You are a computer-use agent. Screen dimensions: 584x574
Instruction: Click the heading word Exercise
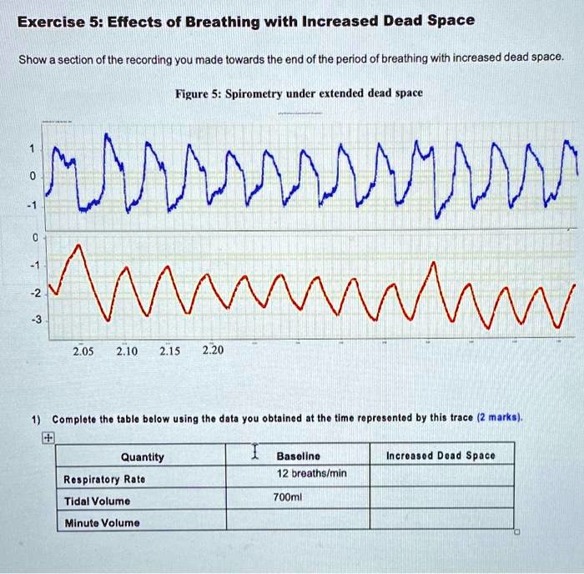(x=52, y=22)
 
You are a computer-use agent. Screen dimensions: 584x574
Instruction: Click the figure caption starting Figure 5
(x=299, y=93)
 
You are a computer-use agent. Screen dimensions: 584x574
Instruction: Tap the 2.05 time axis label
(x=83, y=351)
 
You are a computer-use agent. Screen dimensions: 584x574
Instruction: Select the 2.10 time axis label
(x=127, y=351)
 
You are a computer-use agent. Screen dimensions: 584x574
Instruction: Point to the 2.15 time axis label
(x=170, y=351)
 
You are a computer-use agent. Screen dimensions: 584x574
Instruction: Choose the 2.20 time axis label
(x=213, y=350)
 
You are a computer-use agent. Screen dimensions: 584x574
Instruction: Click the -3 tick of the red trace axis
(x=36, y=320)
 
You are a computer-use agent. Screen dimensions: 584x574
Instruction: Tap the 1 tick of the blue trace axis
(x=32, y=149)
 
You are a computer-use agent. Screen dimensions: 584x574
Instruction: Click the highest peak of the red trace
(x=78, y=244)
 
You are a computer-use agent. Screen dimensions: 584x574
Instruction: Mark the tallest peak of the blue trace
(x=107, y=133)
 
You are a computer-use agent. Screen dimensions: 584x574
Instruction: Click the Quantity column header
(x=143, y=457)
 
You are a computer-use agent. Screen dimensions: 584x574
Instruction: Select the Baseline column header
(x=299, y=456)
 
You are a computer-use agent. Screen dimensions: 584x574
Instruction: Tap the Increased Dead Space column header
(x=441, y=456)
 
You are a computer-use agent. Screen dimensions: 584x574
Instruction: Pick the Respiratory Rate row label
(x=104, y=479)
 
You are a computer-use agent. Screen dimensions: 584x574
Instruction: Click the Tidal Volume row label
(x=97, y=501)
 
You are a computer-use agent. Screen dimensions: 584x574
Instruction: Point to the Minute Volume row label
(x=102, y=523)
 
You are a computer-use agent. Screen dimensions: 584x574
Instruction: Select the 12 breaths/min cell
(x=312, y=473)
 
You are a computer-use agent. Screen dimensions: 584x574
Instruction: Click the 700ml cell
(x=287, y=497)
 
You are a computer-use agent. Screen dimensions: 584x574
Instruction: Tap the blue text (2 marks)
(x=500, y=417)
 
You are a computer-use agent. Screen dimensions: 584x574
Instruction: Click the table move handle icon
(x=48, y=438)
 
